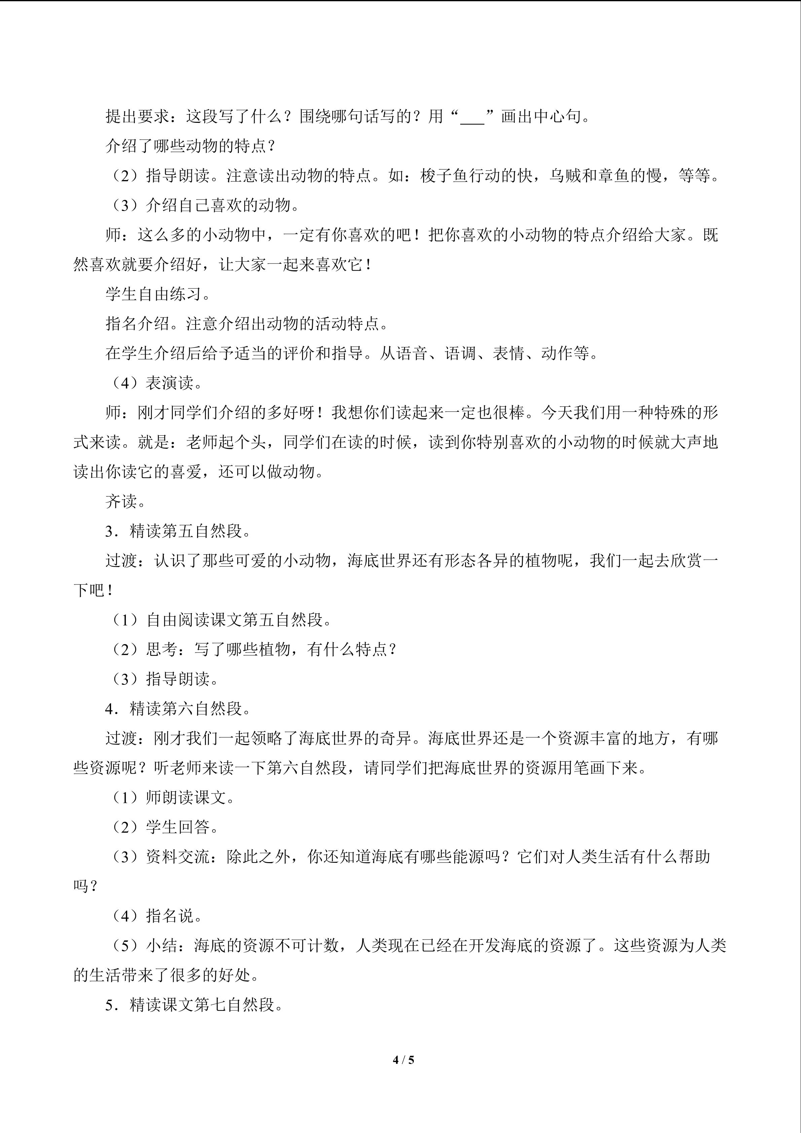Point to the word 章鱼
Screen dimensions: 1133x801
614,176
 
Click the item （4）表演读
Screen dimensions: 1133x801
154,383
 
